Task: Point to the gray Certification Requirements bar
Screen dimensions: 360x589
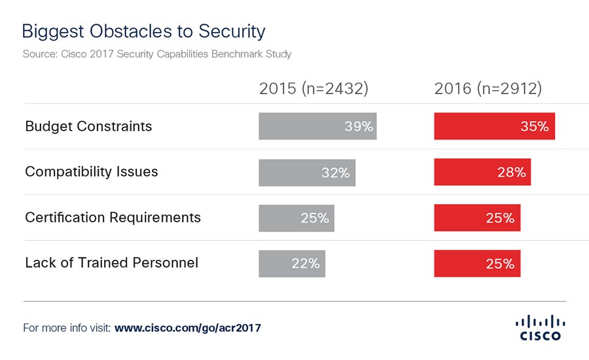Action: tap(296, 218)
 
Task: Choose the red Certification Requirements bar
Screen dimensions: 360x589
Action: tap(476, 218)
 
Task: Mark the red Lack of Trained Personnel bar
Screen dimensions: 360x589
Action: tap(476, 263)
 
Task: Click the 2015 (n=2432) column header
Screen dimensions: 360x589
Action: tap(313, 89)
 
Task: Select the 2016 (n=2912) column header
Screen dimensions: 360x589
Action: tap(488, 89)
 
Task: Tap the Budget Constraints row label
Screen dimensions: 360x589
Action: tap(88, 126)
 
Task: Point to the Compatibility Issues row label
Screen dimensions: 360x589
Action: tap(92, 172)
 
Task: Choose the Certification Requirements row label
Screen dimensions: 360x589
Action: tap(113, 217)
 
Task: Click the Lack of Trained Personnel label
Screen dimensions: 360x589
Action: tap(111, 263)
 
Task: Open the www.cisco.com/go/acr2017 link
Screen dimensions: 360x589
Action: tap(188, 327)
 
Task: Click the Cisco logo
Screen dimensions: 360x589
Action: tap(540, 327)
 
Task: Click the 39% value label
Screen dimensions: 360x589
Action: tap(359, 127)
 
